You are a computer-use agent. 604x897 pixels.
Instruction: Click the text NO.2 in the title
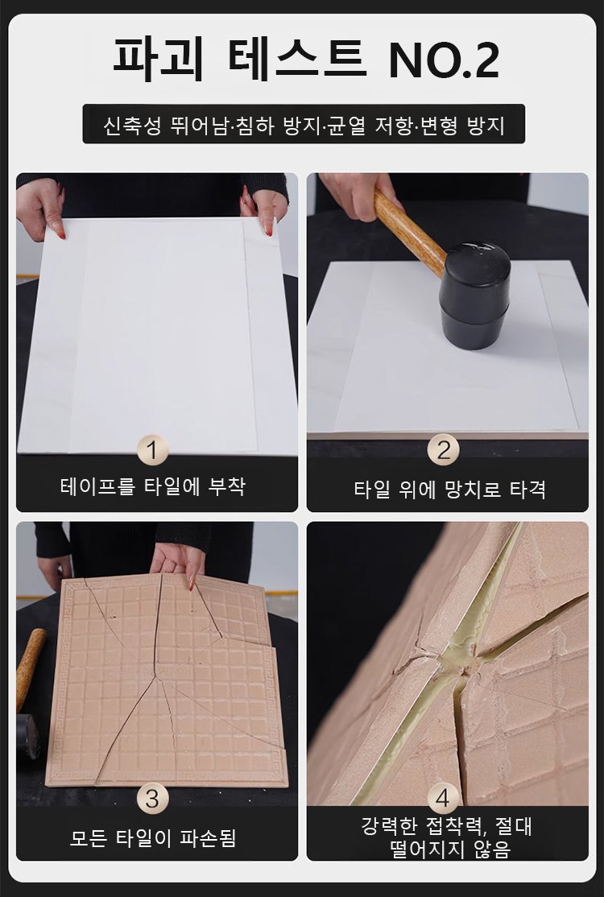click(444, 59)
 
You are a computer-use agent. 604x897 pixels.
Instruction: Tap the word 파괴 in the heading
click(159, 59)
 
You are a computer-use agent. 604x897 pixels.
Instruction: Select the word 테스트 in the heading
click(297, 59)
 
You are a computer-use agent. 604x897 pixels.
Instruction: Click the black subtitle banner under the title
click(304, 123)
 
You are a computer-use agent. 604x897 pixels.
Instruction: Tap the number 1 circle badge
click(153, 450)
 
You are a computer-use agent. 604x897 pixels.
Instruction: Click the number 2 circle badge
click(443, 449)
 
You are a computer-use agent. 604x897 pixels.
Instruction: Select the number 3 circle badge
click(153, 798)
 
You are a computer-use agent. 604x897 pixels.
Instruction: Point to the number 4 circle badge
click(443, 798)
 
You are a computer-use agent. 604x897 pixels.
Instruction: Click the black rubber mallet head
click(474, 295)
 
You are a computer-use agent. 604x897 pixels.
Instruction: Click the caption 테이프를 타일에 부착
click(153, 487)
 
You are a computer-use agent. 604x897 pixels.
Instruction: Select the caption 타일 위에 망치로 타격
click(449, 490)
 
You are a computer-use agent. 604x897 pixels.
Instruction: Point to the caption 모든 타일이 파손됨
click(153, 838)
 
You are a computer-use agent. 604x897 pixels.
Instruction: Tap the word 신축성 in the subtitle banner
click(132, 125)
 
